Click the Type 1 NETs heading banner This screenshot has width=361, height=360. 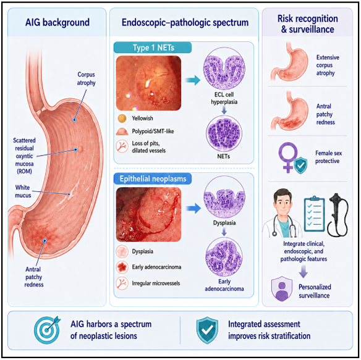point(153,48)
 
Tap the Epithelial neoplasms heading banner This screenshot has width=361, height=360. point(153,178)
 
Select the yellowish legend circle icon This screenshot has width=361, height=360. point(122,118)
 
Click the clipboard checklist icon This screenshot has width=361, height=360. point(314,214)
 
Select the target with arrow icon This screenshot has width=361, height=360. point(48,330)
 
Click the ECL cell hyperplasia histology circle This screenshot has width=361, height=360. point(224,69)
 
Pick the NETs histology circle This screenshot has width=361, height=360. point(224,133)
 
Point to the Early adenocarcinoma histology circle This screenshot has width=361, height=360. point(224,257)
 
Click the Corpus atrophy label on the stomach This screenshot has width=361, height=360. point(87,78)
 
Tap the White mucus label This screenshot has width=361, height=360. point(23,191)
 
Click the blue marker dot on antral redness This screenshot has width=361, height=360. point(45,241)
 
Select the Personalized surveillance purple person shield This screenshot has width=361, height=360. point(282,289)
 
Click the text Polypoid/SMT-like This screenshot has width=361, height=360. point(153,132)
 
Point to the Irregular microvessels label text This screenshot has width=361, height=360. point(156,283)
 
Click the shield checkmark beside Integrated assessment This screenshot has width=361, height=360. point(207,330)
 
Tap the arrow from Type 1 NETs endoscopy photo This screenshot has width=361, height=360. point(193,80)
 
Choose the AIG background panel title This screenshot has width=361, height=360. point(57,23)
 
